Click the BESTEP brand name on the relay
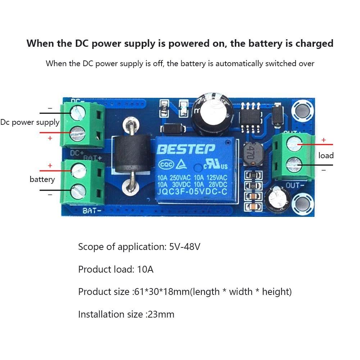[186, 149]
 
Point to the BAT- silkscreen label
[91, 211]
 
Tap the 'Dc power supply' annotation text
[30, 122]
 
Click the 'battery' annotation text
[42, 179]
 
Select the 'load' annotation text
[326, 155]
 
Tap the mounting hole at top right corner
[302, 110]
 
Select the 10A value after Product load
[145, 269]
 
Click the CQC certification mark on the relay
[166, 165]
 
